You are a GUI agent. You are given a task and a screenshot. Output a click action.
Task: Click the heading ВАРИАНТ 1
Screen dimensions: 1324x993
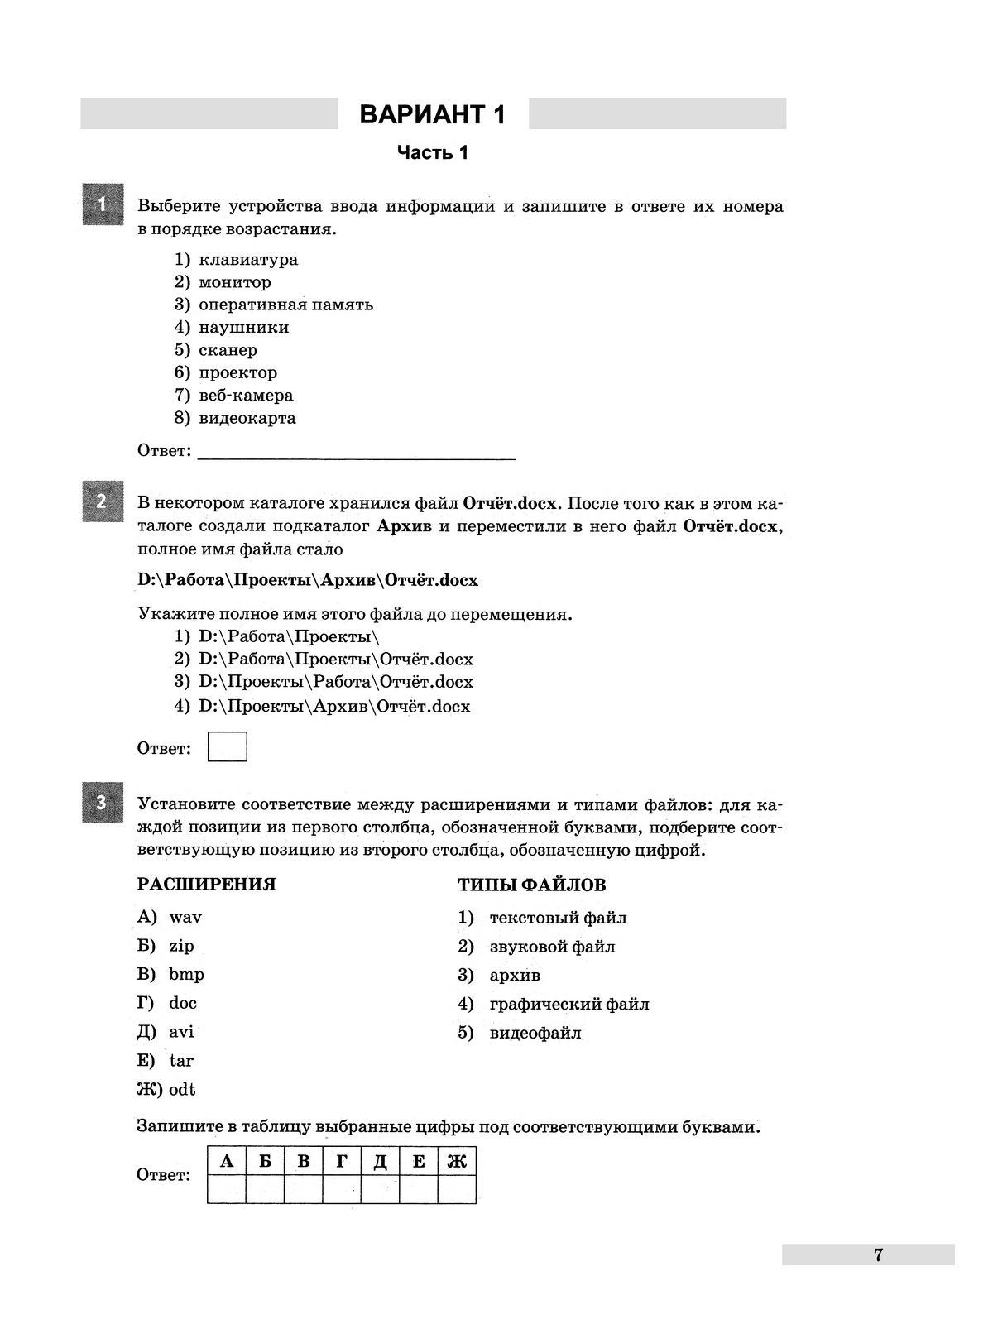coord(432,114)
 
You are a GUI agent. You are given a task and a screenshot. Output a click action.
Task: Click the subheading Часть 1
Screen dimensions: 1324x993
coord(432,152)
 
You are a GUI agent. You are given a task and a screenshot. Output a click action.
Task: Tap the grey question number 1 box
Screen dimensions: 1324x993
coord(103,204)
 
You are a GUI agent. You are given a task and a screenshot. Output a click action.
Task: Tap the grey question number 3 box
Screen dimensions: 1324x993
coord(103,802)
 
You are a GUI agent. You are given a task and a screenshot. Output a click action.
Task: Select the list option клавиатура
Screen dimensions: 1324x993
coord(247,260)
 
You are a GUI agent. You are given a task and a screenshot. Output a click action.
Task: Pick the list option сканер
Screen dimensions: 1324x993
coord(228,350)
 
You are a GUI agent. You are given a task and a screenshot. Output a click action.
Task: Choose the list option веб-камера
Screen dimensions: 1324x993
coord(246,396)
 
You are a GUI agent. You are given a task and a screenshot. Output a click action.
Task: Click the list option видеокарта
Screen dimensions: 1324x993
coord(247,418)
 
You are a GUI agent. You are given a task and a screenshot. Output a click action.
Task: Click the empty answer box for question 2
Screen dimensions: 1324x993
coord(227,746)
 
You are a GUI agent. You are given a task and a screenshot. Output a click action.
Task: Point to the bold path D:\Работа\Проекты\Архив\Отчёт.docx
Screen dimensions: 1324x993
coord(308,580)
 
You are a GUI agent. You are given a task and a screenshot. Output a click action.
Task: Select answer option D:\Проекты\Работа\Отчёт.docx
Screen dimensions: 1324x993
coord(335,683)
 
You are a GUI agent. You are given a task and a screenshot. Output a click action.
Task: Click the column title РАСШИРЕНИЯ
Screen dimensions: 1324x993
coord(206,885)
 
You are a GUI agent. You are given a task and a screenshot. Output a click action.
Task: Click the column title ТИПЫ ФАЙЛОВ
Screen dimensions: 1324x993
coord(531,885)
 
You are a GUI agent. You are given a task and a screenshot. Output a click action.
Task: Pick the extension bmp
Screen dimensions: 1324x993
coord(186,974)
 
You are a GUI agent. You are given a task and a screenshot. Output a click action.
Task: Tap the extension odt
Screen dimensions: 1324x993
coord(182,1089)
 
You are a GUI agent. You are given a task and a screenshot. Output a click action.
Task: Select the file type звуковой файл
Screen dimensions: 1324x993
coord(552,947)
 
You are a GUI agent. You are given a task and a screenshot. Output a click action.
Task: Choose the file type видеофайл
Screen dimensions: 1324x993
coord(535,1033)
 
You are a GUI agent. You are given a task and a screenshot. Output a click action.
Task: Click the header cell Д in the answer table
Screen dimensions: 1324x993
coord(380,1162)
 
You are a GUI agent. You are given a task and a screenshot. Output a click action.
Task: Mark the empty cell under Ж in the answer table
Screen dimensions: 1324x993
coord(457,1189)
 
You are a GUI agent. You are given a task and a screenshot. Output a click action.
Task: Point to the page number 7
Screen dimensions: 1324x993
coord(878,1254)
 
